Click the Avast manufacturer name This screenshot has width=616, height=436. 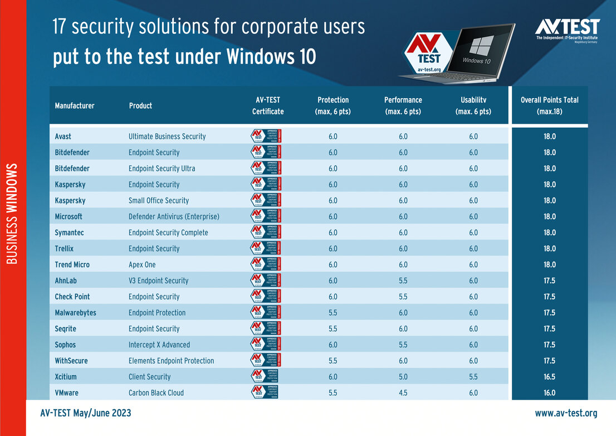(63, 136)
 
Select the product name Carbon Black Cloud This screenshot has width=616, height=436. (156, 393)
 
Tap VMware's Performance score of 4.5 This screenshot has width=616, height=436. (403, 393)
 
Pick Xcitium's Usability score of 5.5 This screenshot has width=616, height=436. (473, 377)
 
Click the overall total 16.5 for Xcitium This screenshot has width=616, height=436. (549, 377)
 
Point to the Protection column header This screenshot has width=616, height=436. (333, 105)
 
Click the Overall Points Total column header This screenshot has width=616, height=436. (549, 105)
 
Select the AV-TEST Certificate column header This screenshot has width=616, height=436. (268, 105)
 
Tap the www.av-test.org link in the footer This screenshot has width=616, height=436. (566, 413)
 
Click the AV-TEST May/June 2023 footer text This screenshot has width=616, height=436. (86, 413)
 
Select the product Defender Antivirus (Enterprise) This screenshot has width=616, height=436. (174, 216)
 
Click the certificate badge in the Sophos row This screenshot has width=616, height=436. (266, 345)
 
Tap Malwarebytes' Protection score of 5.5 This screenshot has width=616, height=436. (333, 313)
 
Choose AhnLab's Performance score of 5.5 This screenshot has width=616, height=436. (403, 280)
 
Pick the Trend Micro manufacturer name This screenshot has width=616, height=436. (72, 264)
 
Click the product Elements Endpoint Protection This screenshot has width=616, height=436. (171, 361)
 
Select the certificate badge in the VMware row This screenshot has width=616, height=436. (265, 393)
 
